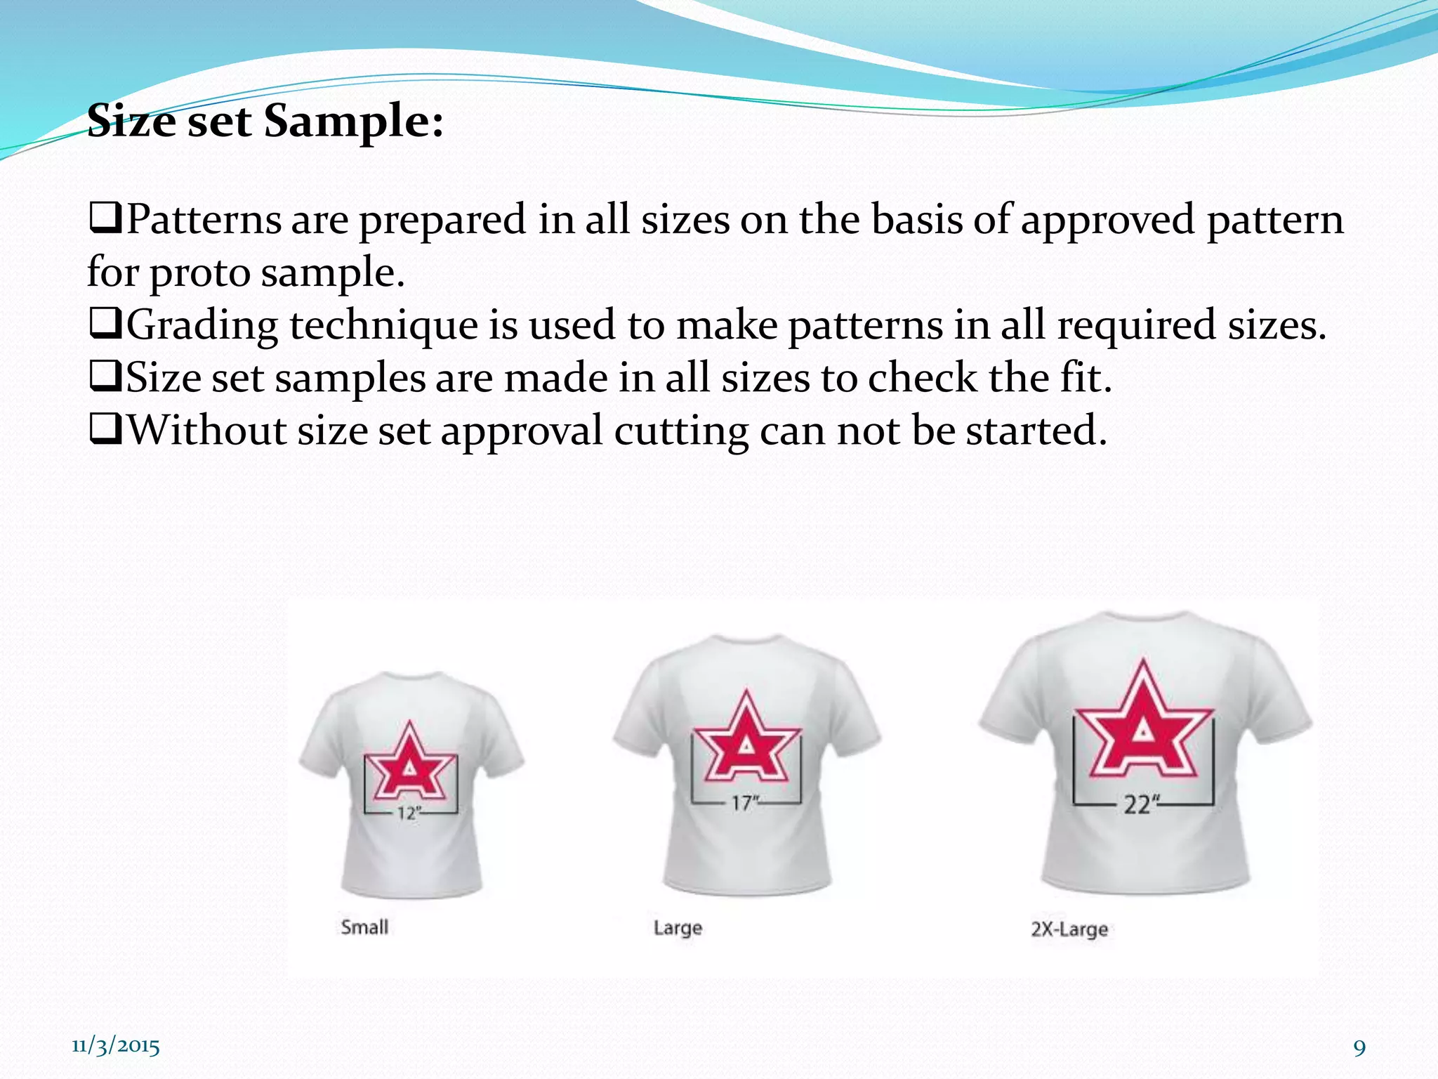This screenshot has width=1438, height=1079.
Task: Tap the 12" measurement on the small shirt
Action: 409,813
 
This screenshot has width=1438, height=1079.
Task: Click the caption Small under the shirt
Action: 364,927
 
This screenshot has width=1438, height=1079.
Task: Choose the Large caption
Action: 678,928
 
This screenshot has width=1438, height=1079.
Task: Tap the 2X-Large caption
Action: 1069,929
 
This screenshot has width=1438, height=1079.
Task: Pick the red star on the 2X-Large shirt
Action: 1144,724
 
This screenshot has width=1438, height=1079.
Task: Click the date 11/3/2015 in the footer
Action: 116,1046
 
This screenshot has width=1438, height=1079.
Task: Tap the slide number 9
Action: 1359,1048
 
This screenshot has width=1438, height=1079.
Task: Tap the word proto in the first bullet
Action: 200,273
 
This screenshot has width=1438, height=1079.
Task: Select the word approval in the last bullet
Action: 522,431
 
